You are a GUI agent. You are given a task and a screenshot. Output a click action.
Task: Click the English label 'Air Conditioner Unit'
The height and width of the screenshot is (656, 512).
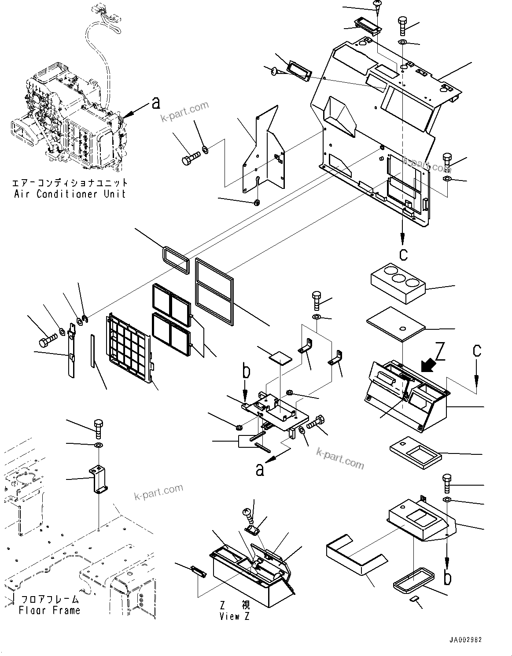coord(70,194)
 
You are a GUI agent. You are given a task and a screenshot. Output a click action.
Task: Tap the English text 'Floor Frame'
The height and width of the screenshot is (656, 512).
coord(49,611)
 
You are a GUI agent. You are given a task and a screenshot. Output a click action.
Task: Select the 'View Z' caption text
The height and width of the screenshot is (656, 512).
coord(235,616)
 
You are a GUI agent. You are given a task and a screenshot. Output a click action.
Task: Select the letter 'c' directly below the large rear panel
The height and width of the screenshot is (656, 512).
coord(403,254)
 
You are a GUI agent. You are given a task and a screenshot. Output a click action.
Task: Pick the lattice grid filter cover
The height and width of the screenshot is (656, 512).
coord(129,347)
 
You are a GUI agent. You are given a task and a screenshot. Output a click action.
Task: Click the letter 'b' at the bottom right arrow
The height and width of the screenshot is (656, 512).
coord(447,578)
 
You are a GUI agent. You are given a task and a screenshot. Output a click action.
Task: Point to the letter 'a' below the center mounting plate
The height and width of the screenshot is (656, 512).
coord(260,470)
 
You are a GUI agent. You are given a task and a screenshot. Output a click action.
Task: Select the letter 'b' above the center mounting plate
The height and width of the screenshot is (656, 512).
coord(246,371)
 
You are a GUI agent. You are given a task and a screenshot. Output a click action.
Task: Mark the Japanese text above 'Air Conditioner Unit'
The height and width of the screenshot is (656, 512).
coord(70,183)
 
